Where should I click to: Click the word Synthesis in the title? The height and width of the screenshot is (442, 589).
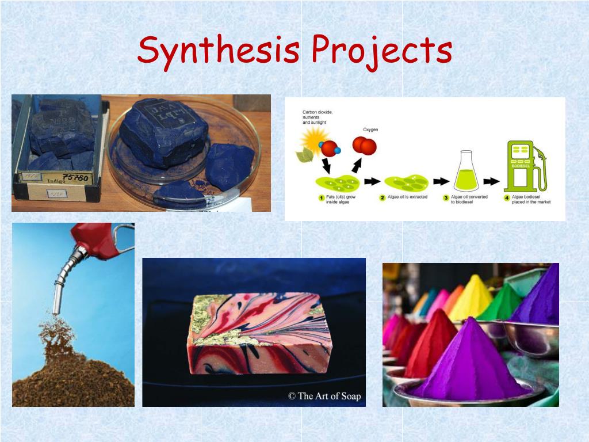pyautogui.click(x=218, y=51)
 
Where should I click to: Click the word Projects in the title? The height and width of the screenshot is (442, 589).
pyautogui.click(x=381, y=51)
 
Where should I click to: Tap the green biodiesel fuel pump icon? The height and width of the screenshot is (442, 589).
pyautogui.click(x=524, y=167)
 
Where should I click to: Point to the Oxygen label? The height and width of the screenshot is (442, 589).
pyautogui.click(x=370, y=129)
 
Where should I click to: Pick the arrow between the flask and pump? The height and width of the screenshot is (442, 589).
pyautogui.click(x=492, y=181)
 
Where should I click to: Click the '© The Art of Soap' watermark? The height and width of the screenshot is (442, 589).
pyautogui.click(x=324, y=396)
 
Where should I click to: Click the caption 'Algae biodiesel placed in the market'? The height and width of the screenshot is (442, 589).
pyautogui.click(x=533, y=200)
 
